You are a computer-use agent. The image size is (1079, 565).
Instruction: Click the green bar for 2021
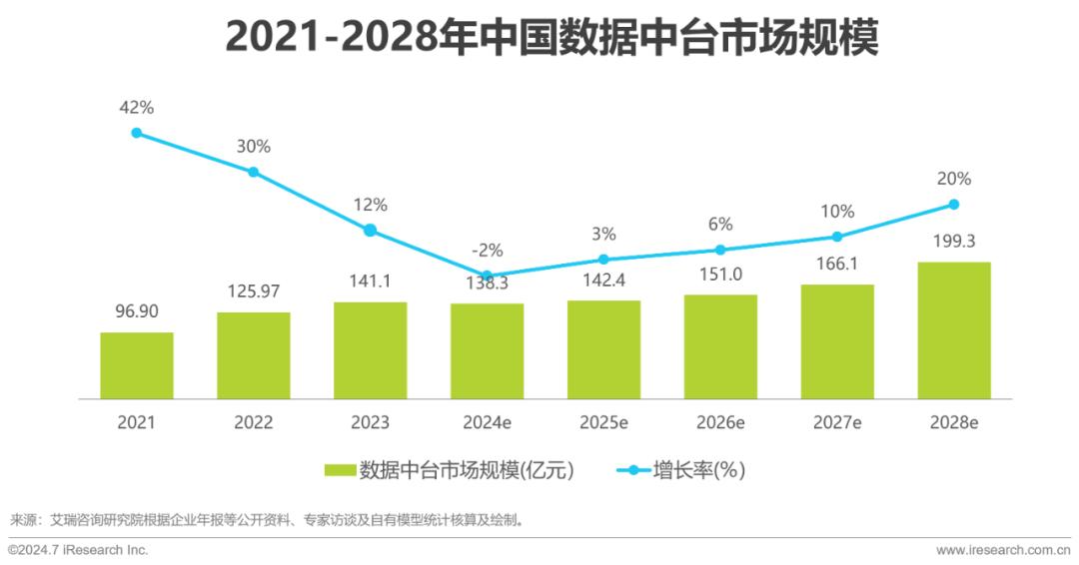(137, 365)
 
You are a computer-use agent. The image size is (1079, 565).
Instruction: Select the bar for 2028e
(953, 330)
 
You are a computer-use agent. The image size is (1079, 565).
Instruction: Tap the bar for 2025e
(603, 349)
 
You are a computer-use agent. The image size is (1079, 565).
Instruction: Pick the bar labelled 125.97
(254, 355)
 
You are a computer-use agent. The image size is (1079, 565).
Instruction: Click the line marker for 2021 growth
(137, 133)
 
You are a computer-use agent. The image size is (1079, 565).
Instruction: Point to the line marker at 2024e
(487, 276)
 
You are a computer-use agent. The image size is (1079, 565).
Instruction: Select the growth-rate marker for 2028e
(953, 204)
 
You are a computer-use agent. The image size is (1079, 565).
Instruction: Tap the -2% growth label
(488, 251)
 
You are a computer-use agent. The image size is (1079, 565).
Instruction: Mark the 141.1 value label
(370, 282)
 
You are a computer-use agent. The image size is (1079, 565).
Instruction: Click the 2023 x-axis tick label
(370, 422)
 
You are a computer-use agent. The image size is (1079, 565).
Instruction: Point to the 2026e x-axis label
(720, 422)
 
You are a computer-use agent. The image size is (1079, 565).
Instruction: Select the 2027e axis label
(837, 422)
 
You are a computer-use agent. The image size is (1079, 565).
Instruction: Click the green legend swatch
(341, 470)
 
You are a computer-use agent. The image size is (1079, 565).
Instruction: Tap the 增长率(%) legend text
(699, 470)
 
